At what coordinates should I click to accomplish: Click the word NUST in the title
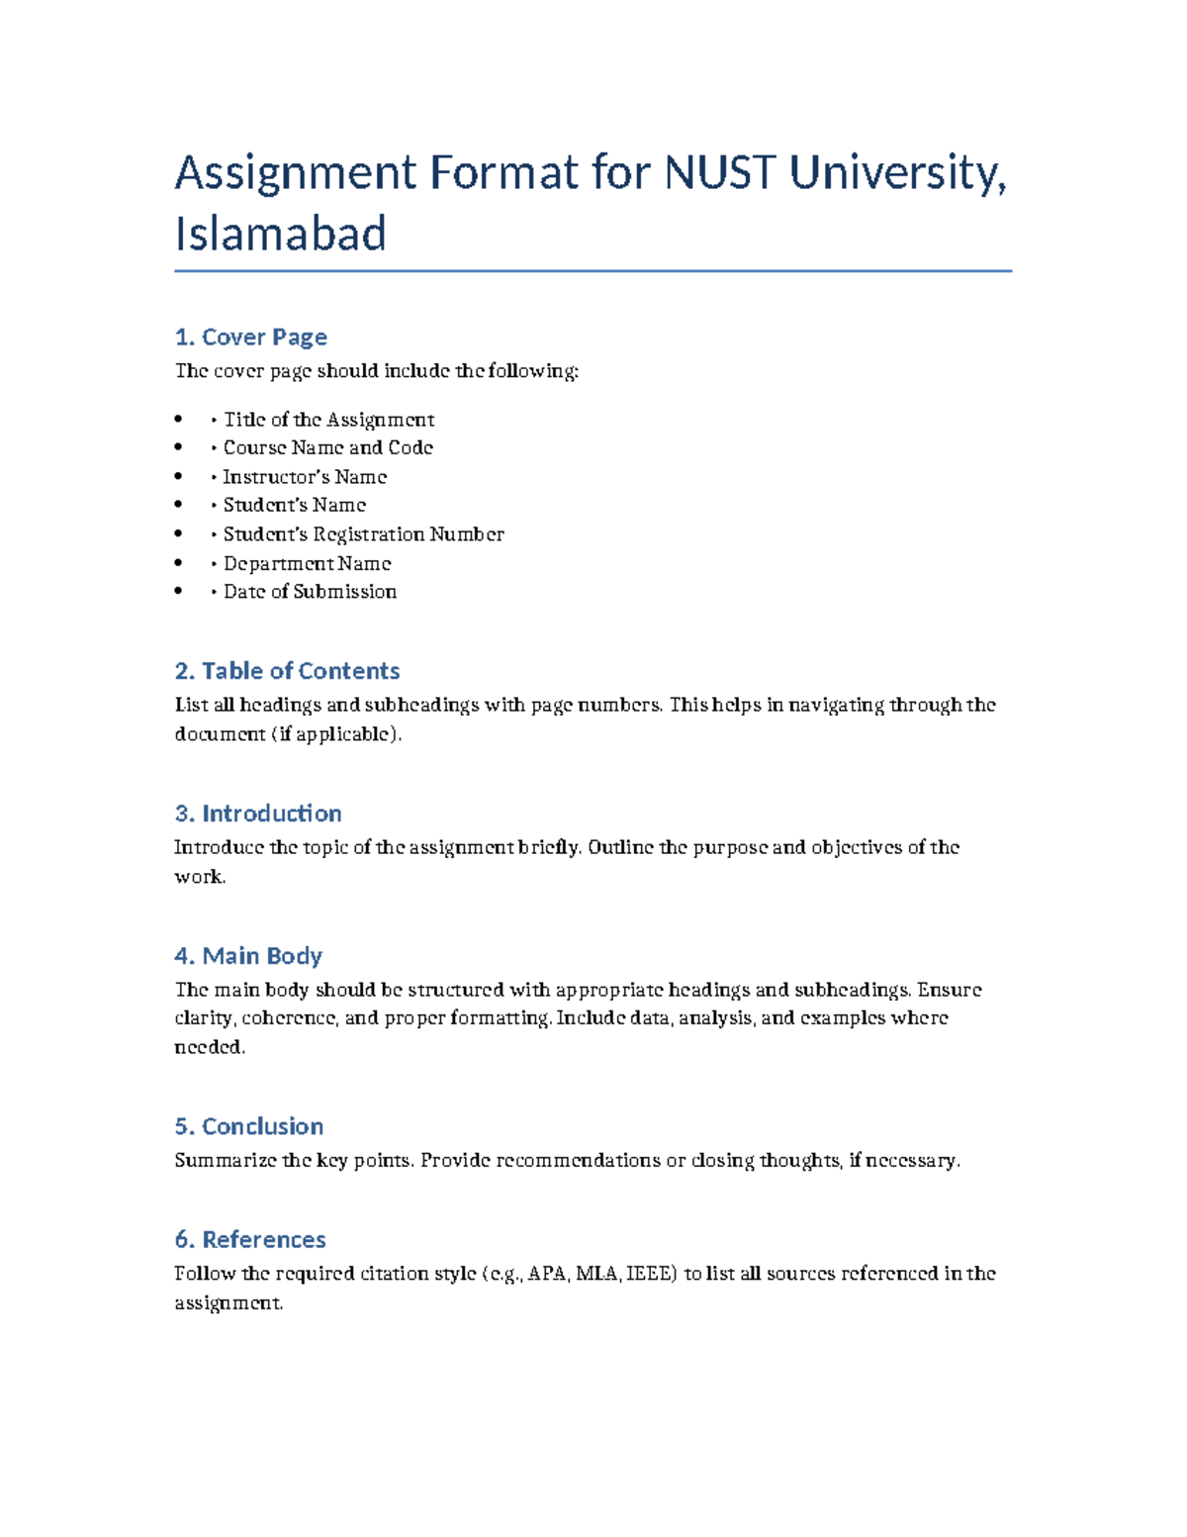[x=719, y=173]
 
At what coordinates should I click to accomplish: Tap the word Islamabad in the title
[x=280, y=235]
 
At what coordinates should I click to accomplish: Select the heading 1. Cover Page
[x=250, y=337]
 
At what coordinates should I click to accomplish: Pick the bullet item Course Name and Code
[x=327, y=448]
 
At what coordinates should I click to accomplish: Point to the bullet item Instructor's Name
[x=305, y=477]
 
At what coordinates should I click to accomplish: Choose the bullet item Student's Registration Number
[x=363, y=534]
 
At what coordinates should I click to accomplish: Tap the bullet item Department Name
[x=307, y=563]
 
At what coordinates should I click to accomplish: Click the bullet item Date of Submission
[x=310, y=592]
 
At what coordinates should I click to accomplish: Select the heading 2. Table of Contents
[x=287, y=671]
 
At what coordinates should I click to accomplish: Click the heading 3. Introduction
[x=258, y=814]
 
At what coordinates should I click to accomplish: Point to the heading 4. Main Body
[x=248, y=956]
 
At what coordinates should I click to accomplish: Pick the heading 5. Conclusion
[x=249, y=1126]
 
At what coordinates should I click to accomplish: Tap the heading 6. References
[x=250, y=1240]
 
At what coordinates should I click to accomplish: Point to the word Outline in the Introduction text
[x=620, y=848]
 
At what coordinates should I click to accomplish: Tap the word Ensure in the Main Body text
[x=950, y=990]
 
